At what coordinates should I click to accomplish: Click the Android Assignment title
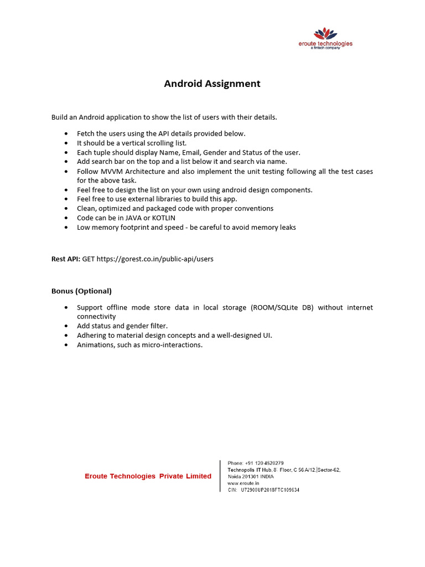pyautogui.click(x=212, y=84)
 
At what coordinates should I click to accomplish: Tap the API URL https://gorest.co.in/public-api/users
pyautogui.click(x=155, y=259)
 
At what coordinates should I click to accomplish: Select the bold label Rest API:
pyautogui.click(x=66, y=259)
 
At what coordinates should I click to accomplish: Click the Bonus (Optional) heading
pyautogui.click(x=81, y=291)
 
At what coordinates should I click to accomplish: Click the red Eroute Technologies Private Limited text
pyautogui.click(x=148, y=476)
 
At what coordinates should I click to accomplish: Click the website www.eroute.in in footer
pyautogui.click(x=243, y=483)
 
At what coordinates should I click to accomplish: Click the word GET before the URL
pyautogui.click(x=89, y=259)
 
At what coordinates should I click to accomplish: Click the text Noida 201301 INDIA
pyautogui.click(x=251, y=477)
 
